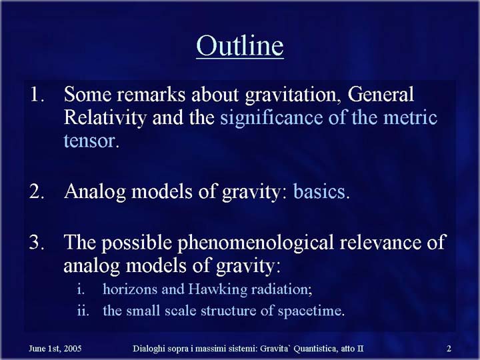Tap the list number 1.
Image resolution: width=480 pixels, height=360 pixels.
37,94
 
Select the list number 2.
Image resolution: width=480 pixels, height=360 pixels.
37,191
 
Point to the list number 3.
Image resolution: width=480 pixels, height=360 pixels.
37,242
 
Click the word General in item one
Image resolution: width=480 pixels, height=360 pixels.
381,94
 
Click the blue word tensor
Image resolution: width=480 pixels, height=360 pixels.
89,141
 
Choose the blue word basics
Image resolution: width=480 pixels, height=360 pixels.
319,191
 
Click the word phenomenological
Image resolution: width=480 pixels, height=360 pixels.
255,243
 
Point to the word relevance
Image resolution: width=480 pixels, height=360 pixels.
381,243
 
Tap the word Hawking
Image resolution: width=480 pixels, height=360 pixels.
217,289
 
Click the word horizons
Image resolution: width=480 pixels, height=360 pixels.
130,289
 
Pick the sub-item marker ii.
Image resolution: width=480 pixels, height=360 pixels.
83,311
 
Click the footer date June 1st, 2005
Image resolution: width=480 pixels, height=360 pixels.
55,349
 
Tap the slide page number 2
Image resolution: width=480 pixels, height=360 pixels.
449,349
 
